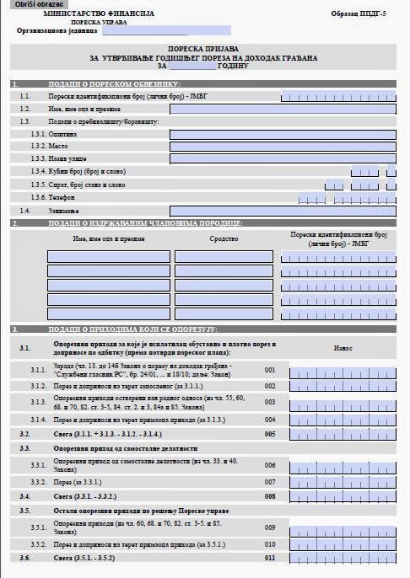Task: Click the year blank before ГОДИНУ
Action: (192, 66)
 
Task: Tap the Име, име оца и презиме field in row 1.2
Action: (283, 109)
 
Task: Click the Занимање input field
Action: (283, 210)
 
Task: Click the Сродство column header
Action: (224, 238)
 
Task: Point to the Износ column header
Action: (343, 347)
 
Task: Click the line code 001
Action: (269, 370)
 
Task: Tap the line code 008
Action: (269, 497)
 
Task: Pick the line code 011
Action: (269, 558)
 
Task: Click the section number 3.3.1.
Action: (38, 465)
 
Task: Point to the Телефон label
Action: (63, 197)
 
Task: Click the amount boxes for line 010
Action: (343, 545)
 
